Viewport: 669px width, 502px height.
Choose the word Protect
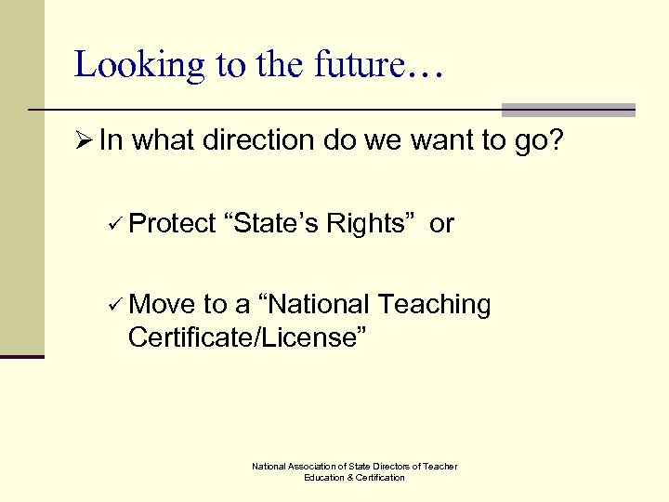172,224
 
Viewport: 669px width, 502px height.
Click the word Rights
370,224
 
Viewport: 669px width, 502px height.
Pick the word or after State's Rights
441,224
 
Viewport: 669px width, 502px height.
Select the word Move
163,305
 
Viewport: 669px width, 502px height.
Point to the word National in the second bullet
317,305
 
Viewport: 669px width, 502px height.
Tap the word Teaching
434,305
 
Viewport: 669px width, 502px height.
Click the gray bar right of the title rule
568,110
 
